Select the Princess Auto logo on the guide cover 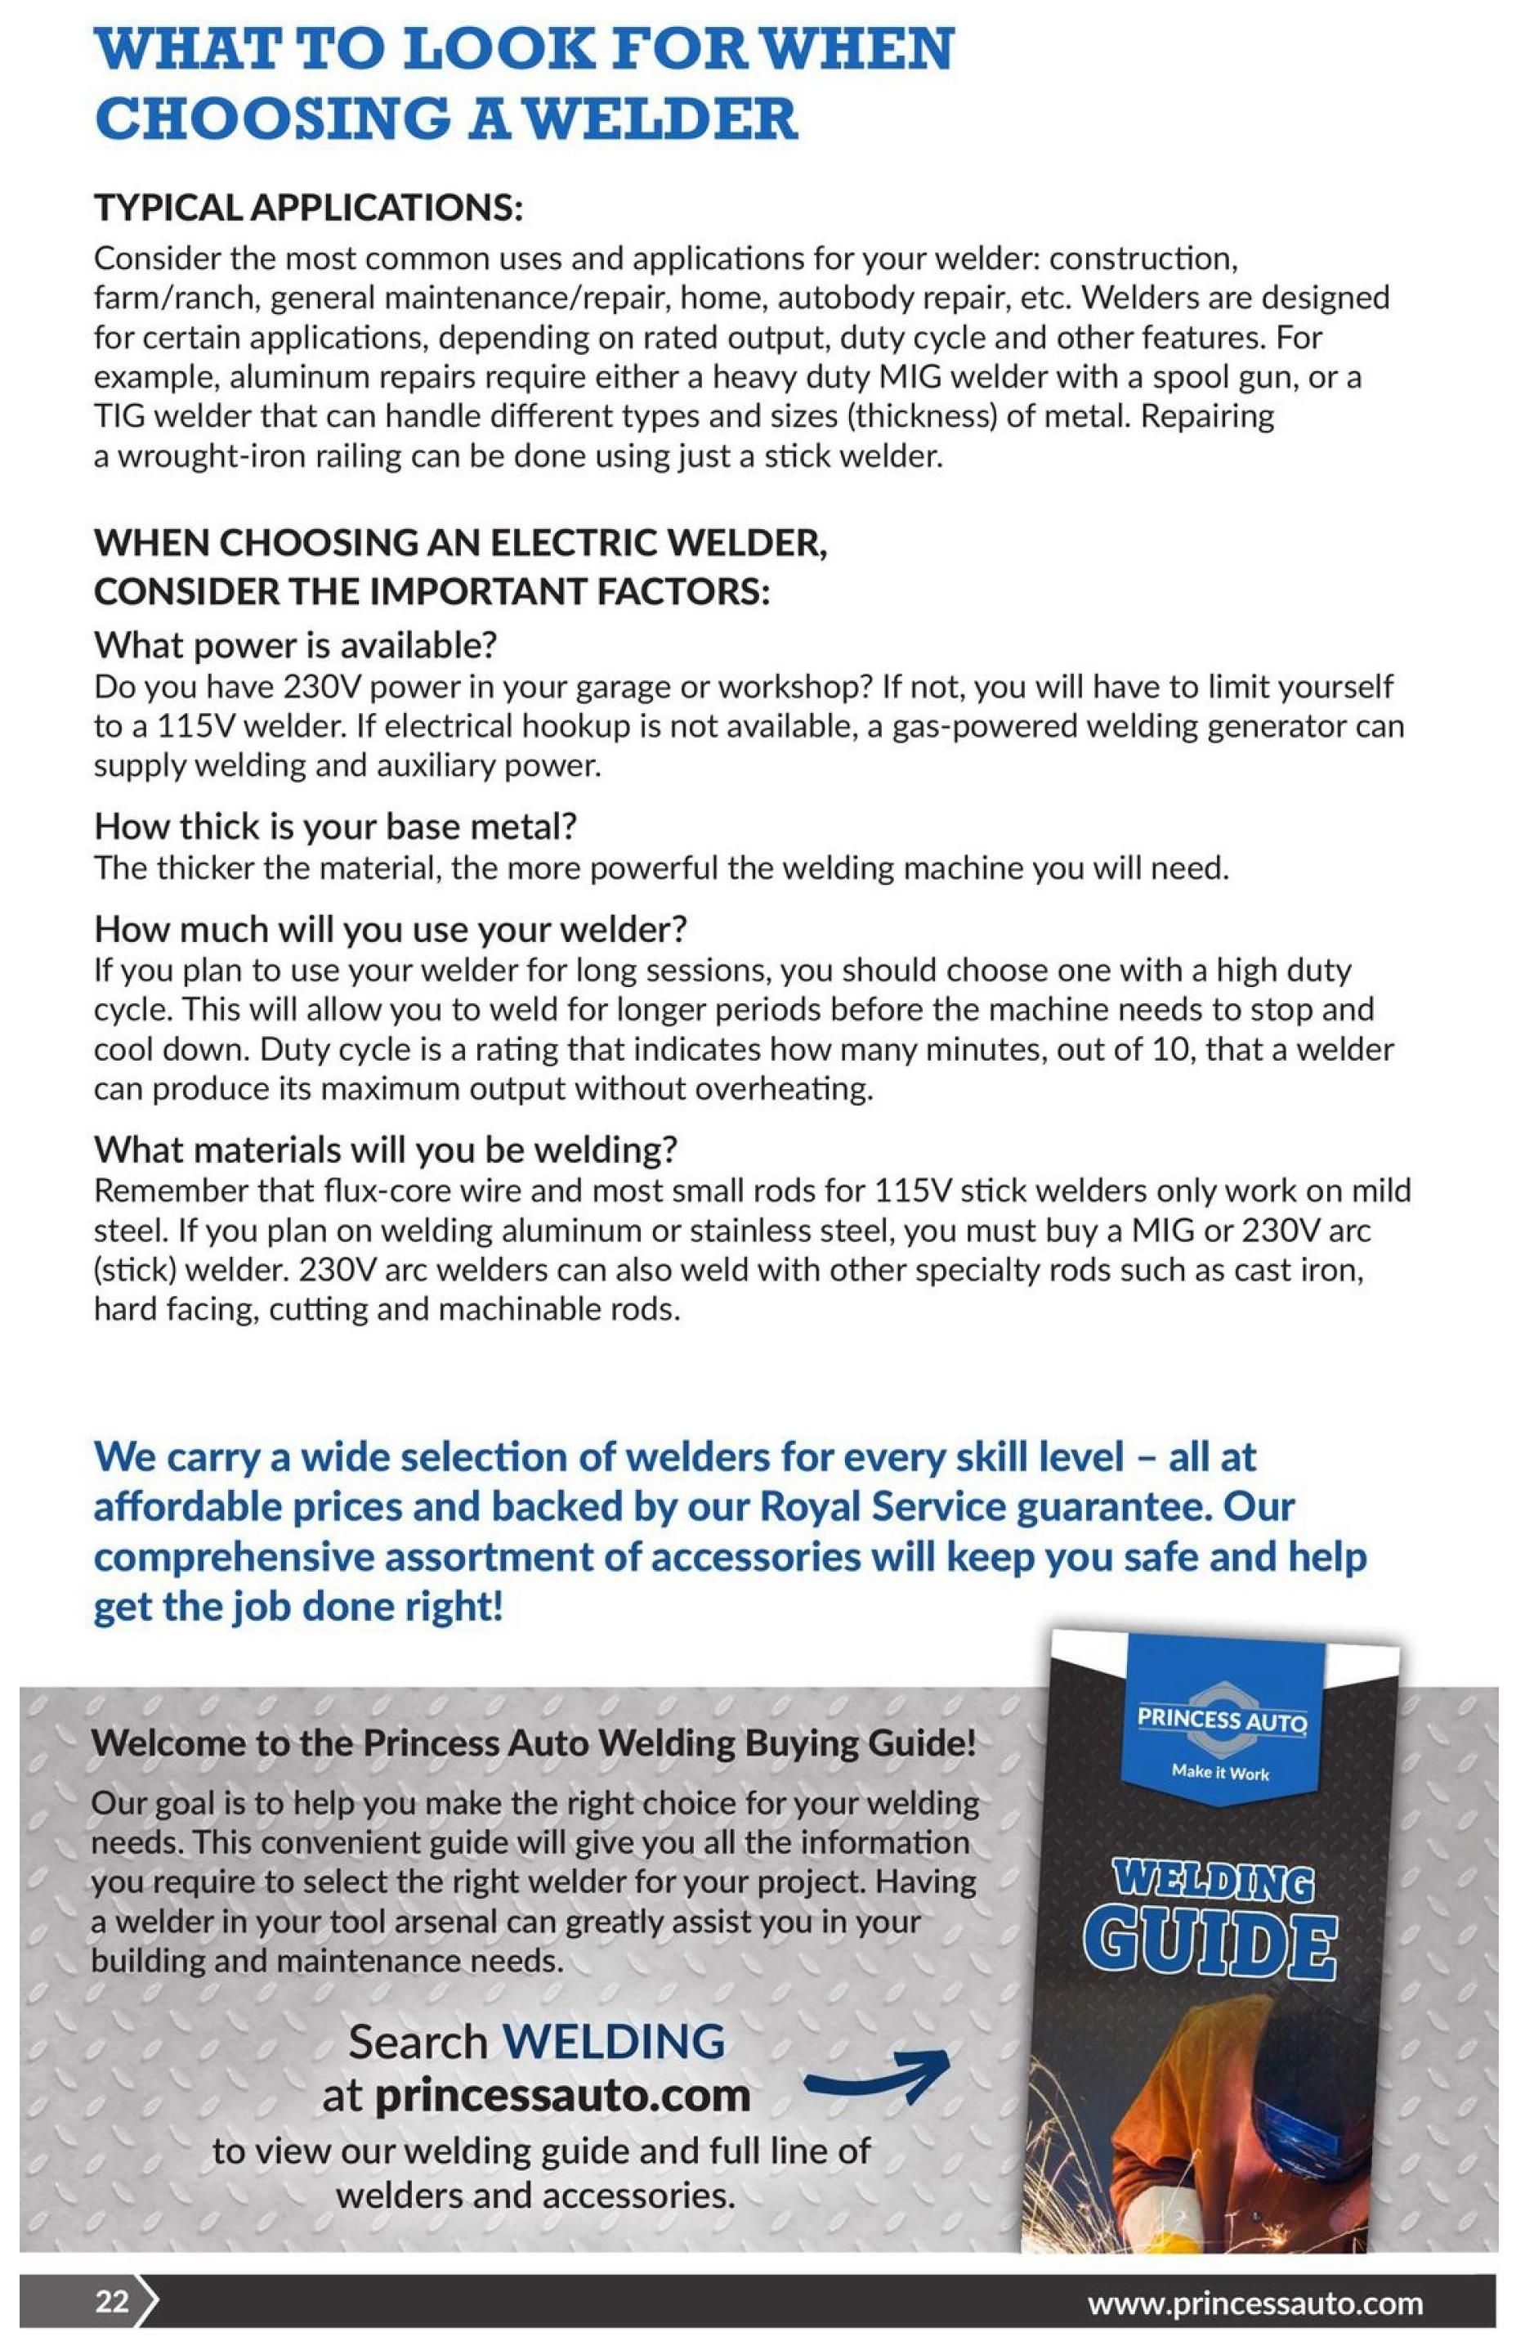pos(1222,1720)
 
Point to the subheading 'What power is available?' pos(295,645)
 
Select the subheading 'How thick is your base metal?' pos(335,825)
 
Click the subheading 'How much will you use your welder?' pos(390,928)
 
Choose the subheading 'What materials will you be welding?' pos(386,1148)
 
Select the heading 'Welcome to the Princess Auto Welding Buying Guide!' pos(533,1743)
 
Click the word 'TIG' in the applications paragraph pos(119,416)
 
